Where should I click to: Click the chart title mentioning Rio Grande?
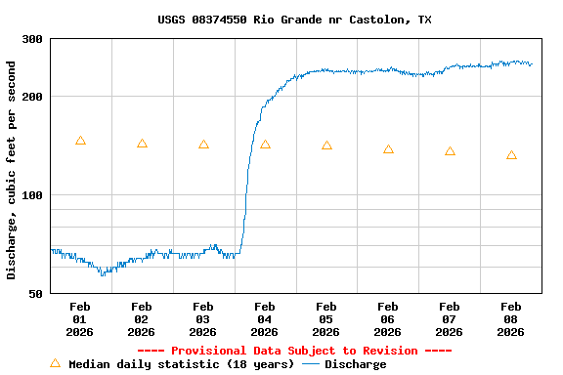click(294, 20)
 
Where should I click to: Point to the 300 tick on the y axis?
click(32, 39)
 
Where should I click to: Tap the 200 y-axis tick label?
click(32, 97)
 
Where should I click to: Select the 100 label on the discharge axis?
click(32, 195)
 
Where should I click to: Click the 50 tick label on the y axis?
click(35, 294)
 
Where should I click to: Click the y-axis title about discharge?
click(12, 170)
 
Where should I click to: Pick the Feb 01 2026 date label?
click(80, 318)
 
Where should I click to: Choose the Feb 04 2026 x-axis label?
click(265, 318)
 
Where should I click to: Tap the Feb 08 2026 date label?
click(511, 318)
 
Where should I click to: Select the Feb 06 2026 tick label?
click(388, 318)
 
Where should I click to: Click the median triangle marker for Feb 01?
click(80, 141)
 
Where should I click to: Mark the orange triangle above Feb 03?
click(203, 145)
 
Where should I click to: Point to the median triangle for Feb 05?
click(326, 146)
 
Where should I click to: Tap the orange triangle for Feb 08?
click(511, 155)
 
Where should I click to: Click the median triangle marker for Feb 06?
click(388, 149)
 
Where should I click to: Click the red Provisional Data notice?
click(294, 351)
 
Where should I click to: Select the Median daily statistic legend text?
click(181, 364)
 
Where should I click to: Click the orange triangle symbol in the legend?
click(55, 363)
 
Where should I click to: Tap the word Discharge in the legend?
click(355, 364)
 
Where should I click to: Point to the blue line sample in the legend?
click(311, 364)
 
